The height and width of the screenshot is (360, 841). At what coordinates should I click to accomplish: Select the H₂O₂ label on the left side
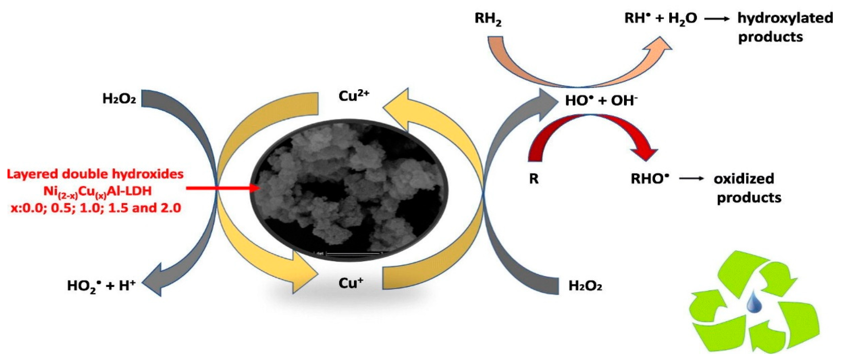tap(119, 98)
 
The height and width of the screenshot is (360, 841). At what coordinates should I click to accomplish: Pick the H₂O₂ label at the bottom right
tap(585, 286)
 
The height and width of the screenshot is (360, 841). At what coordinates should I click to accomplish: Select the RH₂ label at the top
tap(488, 19)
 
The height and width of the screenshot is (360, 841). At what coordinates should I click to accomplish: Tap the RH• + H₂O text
tap(660, 18)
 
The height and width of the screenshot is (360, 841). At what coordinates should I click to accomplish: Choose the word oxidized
tap(744, 178)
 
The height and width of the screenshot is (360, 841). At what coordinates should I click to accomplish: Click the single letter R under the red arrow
tap(533, 179)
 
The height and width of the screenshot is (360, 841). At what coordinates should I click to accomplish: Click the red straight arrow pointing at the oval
tap(222, 188)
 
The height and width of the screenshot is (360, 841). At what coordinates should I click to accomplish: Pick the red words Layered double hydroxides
tap(95, 174)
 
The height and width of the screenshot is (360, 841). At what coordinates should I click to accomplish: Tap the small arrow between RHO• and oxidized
tap(691, 178)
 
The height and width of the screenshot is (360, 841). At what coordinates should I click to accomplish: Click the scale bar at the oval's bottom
tap(353, 253)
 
